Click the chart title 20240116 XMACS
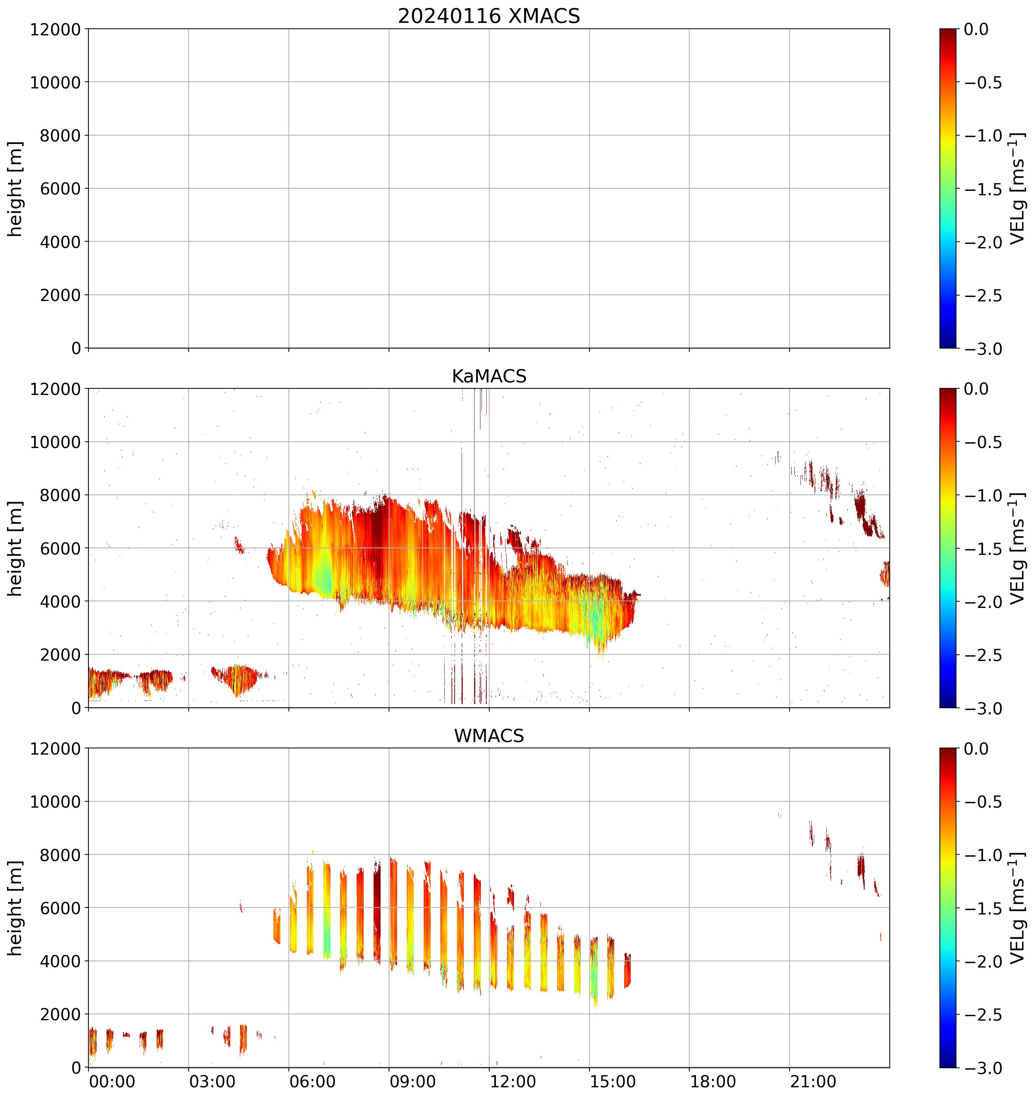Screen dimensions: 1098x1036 point(489,16)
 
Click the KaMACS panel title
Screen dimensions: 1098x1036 point(489,376)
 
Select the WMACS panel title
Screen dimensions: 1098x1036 point(489,736)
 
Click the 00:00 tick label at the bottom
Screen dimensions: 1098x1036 point(112,1081)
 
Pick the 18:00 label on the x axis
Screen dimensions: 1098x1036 point(713,1081)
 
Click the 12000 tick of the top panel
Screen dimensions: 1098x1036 point(55,29)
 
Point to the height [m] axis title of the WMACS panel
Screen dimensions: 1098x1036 point(15,908)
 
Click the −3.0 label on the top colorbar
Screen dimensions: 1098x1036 point(983,349)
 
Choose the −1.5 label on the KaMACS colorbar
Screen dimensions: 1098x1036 point(983,549)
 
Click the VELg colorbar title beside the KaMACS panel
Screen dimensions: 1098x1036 point(1017,549)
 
